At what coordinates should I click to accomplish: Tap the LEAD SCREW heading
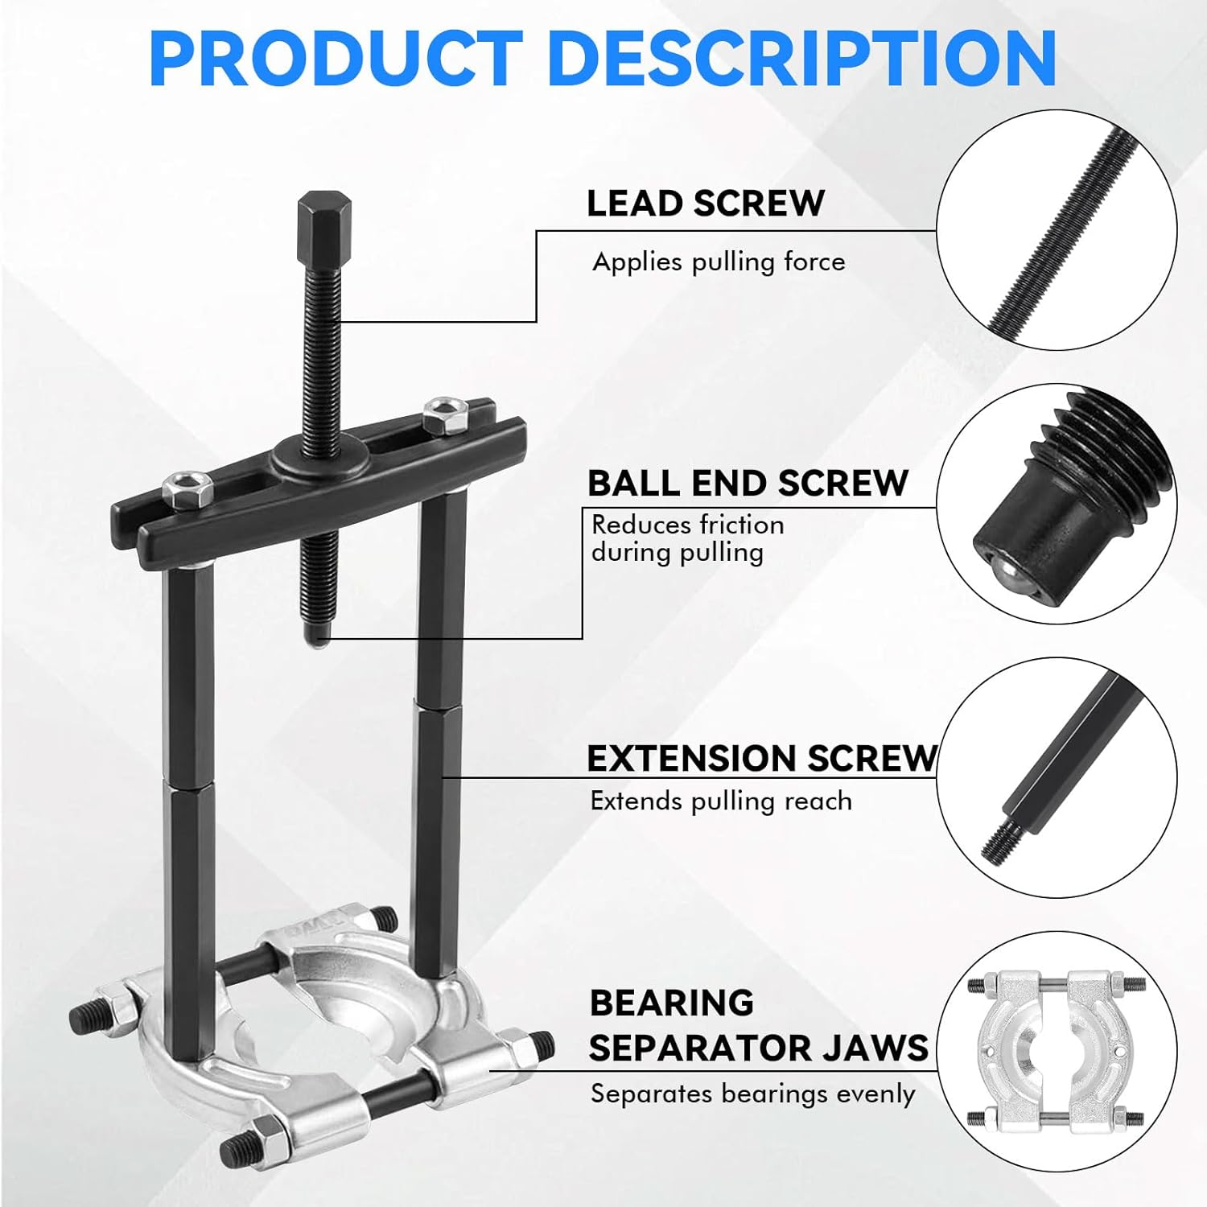tap(706, 203)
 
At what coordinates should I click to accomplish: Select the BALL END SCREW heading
tap(748, 483)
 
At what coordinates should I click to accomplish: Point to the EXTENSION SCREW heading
tap(762, 758)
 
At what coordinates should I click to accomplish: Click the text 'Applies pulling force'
tap(719, 262)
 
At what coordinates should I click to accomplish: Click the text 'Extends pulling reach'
tap(721, 801)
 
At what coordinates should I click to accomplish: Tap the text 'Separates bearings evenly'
tap(752, 1094)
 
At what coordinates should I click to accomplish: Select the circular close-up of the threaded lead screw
tap(1057, 230)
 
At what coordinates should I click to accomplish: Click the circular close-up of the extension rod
tap(1057, 778)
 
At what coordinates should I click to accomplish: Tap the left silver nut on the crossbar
tap(187, 488)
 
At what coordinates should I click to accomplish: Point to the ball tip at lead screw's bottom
tap(318, 638)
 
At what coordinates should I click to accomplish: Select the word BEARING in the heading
tap(672, 1003)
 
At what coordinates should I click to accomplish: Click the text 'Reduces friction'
tap(687, 525)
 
